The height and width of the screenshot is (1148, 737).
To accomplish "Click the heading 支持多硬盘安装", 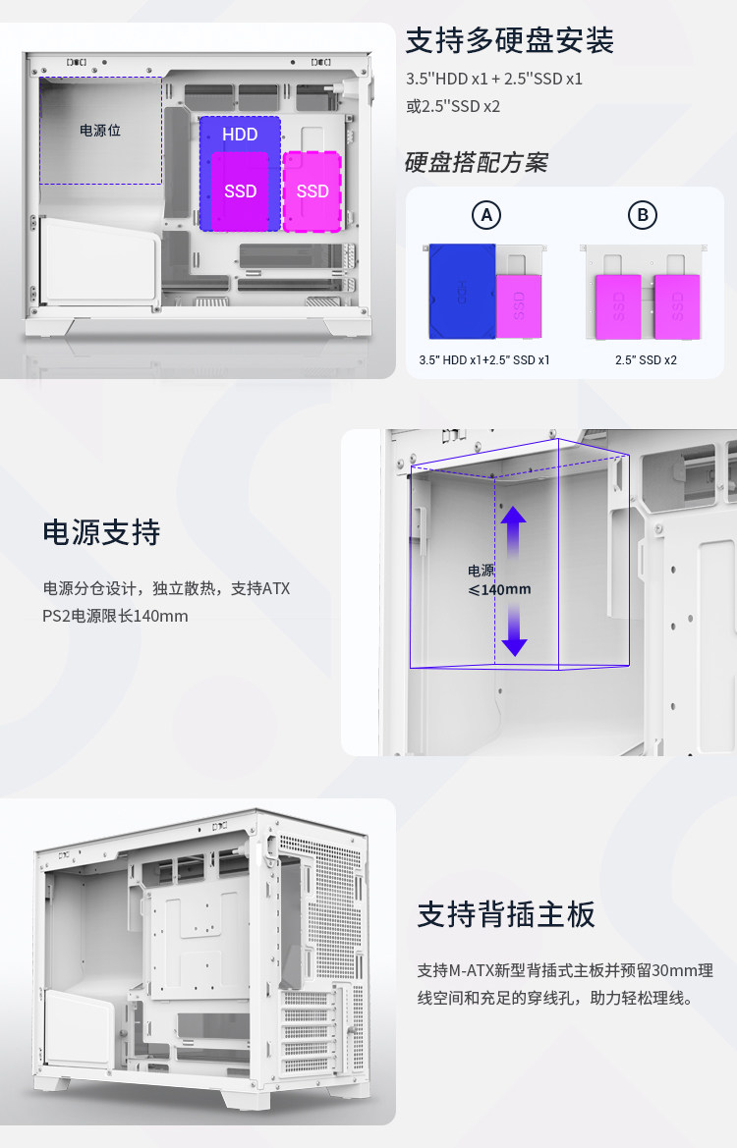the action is tap(509, 40).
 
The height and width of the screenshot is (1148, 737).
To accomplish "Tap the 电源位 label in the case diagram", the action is tap(100, 131).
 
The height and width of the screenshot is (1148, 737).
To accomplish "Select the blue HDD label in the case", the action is tap(240, 135).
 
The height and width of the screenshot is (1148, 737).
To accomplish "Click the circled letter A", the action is tap(486, 215).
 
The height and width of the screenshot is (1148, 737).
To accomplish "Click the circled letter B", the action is tap(643, 215).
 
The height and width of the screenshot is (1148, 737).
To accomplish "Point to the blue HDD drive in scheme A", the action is tap(462, 291).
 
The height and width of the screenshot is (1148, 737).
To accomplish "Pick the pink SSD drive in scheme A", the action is tap(519, 306).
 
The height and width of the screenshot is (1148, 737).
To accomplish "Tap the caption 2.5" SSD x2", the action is tap(647, 360).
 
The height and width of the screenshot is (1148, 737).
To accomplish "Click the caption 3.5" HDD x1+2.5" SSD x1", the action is tap(484, 360).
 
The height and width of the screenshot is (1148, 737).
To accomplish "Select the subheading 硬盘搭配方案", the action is tap(477, 163).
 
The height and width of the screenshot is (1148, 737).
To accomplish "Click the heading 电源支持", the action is tap(101, 532).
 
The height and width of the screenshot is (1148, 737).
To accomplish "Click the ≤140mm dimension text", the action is tap(499, 589).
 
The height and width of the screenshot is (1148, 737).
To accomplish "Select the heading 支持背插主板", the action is tap(506, 914).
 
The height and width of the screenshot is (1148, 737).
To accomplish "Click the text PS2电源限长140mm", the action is tap(115, 616).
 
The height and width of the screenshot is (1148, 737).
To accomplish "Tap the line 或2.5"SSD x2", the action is tap(453, 106).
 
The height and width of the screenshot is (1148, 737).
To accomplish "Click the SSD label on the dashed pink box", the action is tap(312, 191).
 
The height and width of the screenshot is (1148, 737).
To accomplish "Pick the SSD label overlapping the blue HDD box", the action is tap(241, 191).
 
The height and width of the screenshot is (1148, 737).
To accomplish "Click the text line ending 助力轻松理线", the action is tap(555, 998).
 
